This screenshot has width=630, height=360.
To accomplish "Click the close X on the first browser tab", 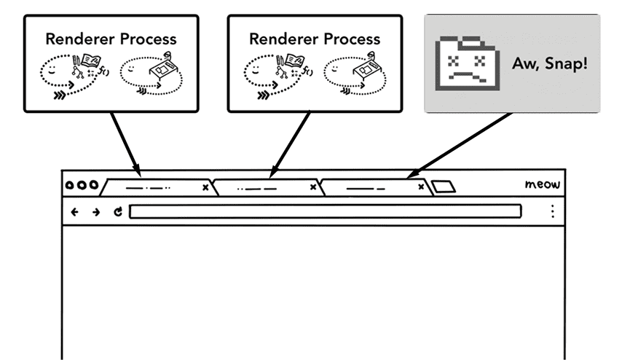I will pyautogui.click(x=205, y=187).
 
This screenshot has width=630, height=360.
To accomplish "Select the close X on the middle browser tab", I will pyautogui.click(x=313, y=187).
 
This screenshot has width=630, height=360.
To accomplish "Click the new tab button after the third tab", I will pyautogui.click(x=444, y=187).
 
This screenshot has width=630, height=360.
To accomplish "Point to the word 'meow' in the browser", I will pyautogui.click(x=543, y=184).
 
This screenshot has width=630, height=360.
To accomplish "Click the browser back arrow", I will pyautogui.click(x=75, y=212).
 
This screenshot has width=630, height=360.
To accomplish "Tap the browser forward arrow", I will pyautogui.click(x=96, y=212).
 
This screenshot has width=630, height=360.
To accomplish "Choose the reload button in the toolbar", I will pyautogui.click(x=118, y=212).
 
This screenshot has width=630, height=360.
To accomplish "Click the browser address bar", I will pyautogui.click(x=325, y=212).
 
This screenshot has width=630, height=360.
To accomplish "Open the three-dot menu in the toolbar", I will pyautogui.click(x=553, y=211).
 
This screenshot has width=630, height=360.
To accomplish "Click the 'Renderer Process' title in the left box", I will pyautogui.click(x=111, y=38).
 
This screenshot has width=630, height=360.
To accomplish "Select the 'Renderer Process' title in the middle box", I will pyautogui.click(x=315, y=38).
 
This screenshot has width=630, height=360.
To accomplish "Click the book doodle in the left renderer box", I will pyautogui.click(x=90, y=63).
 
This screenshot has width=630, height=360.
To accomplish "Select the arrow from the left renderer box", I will pyautogui.click(x=123, y=141).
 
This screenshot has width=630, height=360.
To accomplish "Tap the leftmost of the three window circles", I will pyautogui.click(x=71, y=185).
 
